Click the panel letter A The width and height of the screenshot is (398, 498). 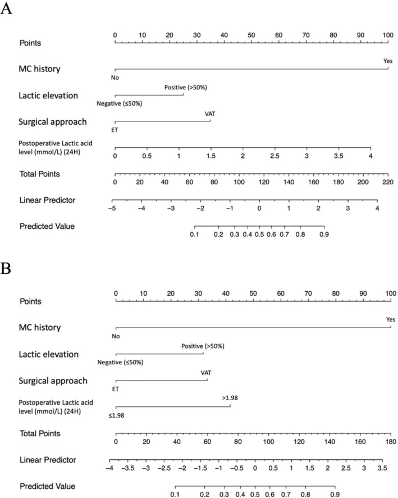(x=6, y=8)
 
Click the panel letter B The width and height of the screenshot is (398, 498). (x=6, y=268)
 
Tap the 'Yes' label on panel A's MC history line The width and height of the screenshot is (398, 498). (x=388, y=61)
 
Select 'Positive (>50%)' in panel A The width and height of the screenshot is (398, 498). (x=185, y=87)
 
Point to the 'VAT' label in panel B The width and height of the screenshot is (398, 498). (x=206, y=373)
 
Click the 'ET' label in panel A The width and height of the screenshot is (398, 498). (x=115, y=130)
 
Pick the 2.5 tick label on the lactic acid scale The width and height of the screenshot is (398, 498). (x=275, y=156)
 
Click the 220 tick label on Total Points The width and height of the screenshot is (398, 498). (x=388, y=182)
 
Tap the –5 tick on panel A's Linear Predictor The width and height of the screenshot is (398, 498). (x=112, y=209)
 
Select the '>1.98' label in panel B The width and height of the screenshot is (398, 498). (x=230, y=397)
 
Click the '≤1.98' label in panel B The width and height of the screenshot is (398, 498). (x=116, y=415)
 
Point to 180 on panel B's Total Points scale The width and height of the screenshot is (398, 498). (x=391, y=441)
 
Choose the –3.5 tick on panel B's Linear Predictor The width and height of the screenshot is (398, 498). (x=128, y=468)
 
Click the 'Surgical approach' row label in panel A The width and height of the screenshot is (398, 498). (x=53, y=121)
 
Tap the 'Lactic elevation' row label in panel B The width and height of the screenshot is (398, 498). (x=48, y=354)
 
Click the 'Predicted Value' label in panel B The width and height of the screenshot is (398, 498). (x=48, y=486)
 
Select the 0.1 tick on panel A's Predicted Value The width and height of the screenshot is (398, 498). (x=194, y=234)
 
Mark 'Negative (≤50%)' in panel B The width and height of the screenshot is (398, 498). (x=120, y=362)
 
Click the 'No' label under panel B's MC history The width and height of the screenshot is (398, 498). (x=116, y=336)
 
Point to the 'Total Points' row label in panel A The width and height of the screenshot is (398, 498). (x=40, y=174)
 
